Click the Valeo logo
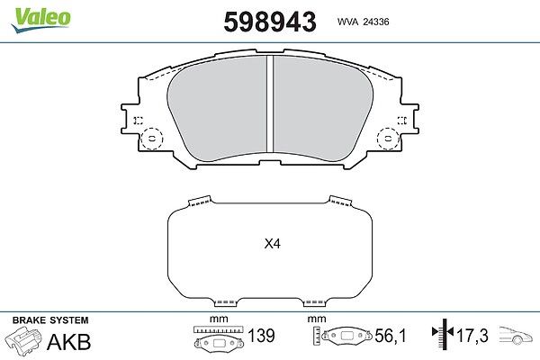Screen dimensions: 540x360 click(40, 19)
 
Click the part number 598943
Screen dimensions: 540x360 click(270, 22)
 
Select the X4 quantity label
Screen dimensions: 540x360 click(273, 244)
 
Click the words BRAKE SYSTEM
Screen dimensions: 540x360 click(50, 320)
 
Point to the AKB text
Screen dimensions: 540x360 click(69, 341)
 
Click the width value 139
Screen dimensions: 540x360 click(261, 336)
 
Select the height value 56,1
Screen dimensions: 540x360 click(391, 336)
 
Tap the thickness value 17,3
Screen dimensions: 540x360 click(472, 336)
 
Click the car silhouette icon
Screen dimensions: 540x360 click(516, 335)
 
